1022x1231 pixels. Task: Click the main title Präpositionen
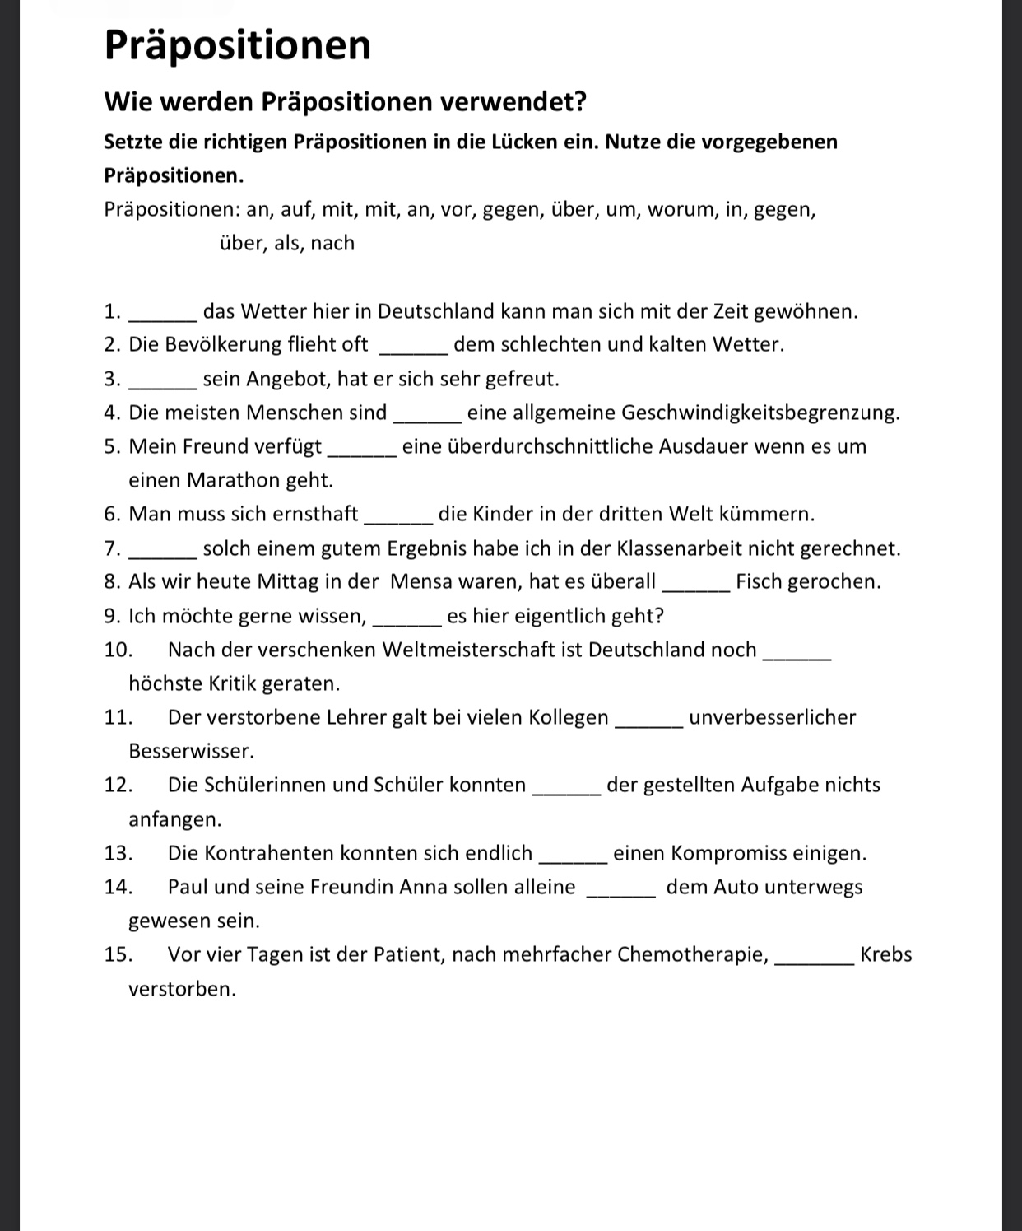238,46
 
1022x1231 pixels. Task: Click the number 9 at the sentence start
111,617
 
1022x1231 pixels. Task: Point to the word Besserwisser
190,751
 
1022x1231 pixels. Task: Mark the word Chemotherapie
692,955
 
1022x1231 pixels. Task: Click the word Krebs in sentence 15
885,955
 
